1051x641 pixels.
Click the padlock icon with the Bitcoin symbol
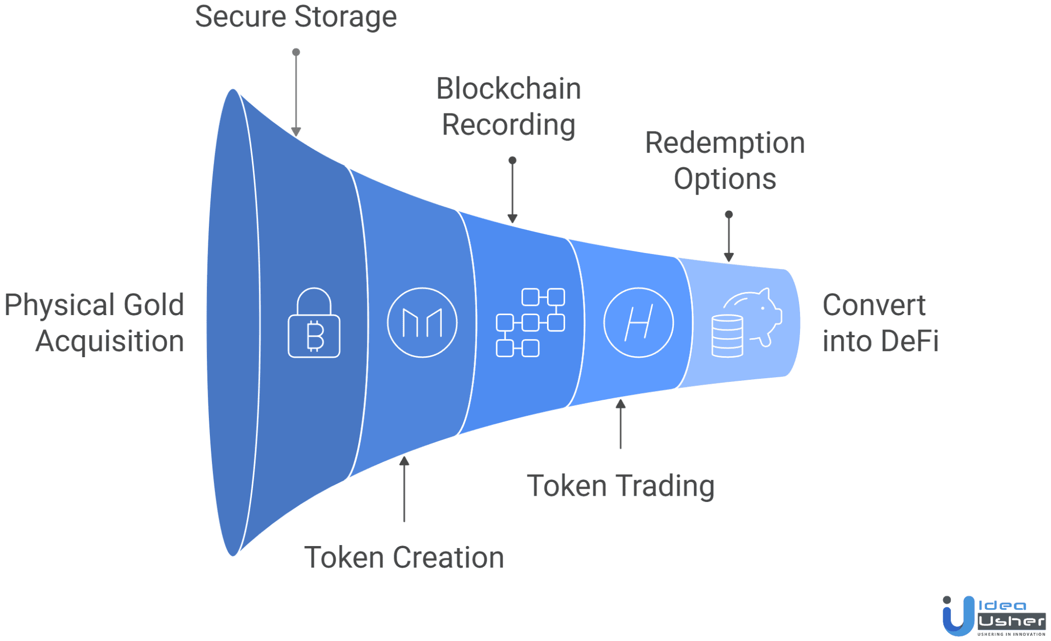coord(314,323)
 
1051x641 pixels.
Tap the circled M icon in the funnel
coord(422,322)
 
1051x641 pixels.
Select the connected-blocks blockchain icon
coord(530,322)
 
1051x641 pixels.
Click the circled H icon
coord(638,322)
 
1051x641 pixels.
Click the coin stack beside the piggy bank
coord(727,336)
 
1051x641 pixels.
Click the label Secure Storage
coord(296,16)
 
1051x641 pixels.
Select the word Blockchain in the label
coord(508,89)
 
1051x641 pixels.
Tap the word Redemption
coord(725,143)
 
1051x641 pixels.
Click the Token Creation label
coord(404,557)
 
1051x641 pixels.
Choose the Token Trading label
coord(620,485)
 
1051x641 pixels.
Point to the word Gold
coord(153,305)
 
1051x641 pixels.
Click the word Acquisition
coord(109,341)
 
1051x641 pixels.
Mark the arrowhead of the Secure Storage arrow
coord(296,131)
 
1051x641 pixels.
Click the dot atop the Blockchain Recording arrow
coord(512,161)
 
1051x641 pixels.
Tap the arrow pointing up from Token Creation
coord(404,488)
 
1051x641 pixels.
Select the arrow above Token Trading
coord(620,423)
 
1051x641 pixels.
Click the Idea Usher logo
coord(993,616)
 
